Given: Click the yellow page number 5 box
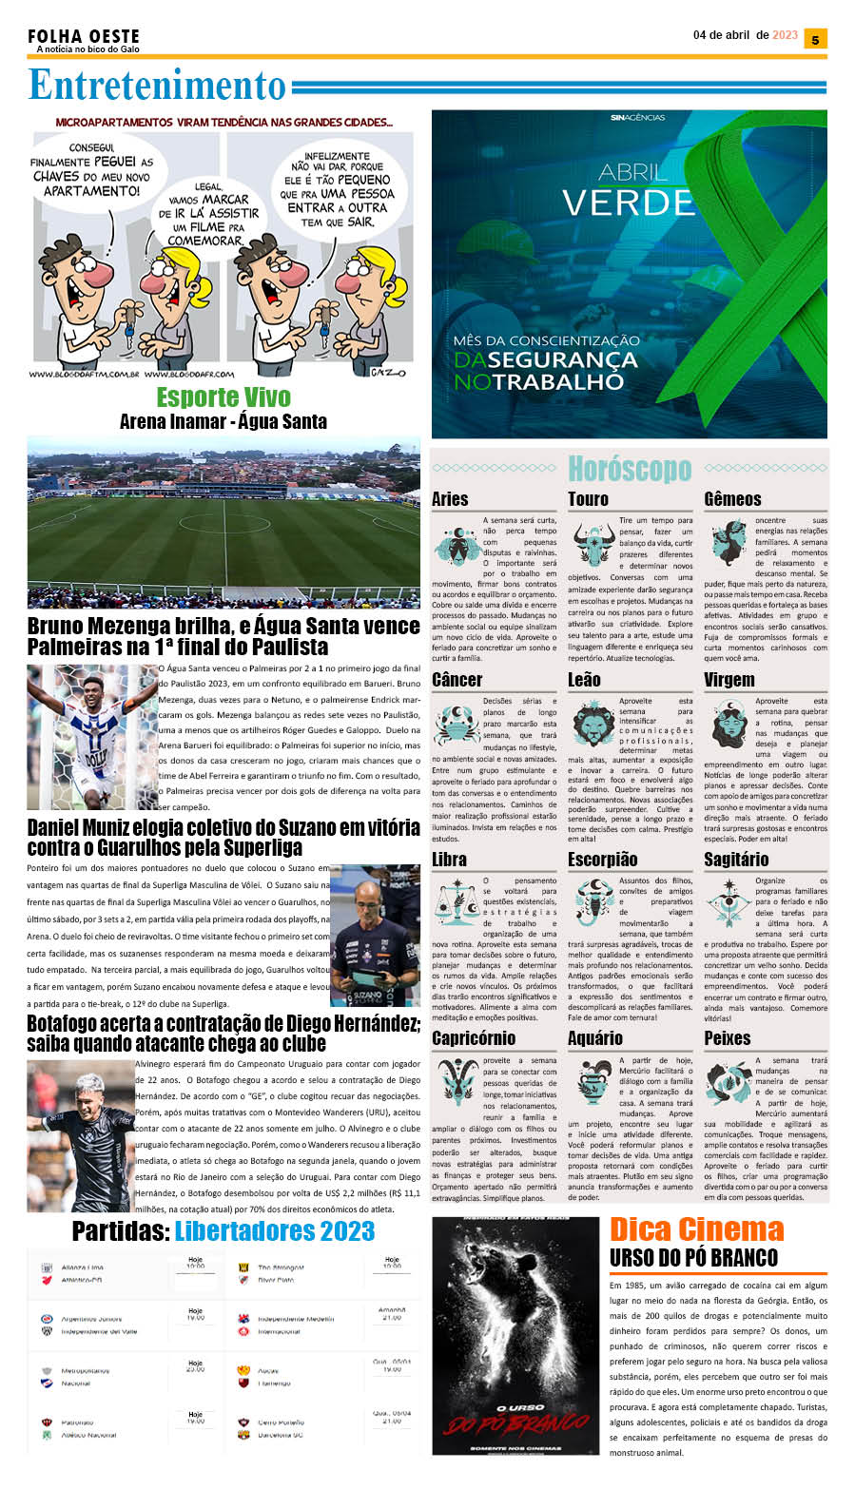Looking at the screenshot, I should [815, 39].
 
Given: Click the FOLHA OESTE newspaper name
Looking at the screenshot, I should [83, 36].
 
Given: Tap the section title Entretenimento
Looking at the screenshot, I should [157, 86].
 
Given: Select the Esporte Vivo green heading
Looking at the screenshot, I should [223, 397].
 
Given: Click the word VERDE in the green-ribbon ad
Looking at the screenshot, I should [628, 203].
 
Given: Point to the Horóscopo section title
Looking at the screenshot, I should [629, 469].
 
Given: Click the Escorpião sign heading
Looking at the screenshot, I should [602, 860].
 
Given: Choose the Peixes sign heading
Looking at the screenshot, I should [728, 1038].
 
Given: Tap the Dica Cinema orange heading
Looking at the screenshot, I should [696, 1228].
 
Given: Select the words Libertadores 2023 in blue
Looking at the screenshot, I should [275, 1231].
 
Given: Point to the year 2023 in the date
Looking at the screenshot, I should [785, 35].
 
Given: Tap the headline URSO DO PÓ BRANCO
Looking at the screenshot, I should [693, 1258].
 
